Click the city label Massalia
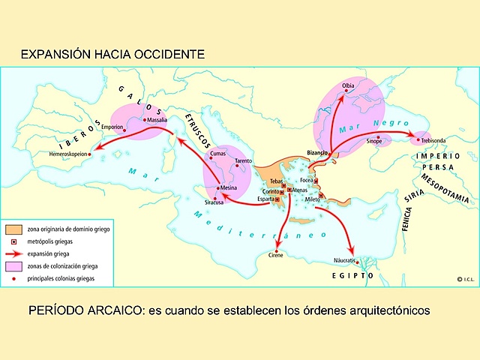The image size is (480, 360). point(157,120)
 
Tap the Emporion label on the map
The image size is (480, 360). point(112,127)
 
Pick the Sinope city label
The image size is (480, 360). point(373,141)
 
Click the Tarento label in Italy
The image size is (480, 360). point(243,161)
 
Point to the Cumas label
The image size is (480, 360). point(217,154)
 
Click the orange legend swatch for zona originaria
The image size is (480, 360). point(13,229)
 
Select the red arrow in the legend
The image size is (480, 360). point(13,254)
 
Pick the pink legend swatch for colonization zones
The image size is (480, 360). point(13,267)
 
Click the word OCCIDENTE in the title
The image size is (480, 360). point(165,55)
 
